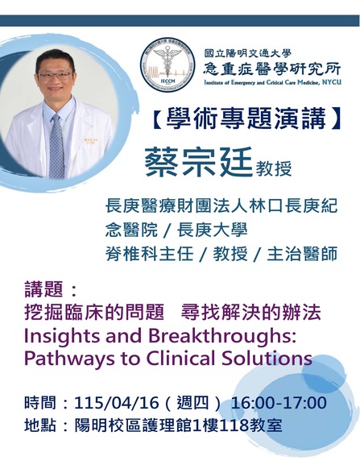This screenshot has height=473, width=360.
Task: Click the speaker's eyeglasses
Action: pyautogui.click(x=55, y=76)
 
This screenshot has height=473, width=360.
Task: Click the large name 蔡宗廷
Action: pyautogui.click(x=199, y=162)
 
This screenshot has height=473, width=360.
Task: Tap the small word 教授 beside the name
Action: pyautogui.click(x=274, y=168)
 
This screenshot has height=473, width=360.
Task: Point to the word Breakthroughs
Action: pyautogui.click(x=221, y=336)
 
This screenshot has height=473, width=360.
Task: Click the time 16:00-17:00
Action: pyautogui.click(x=279, y=403)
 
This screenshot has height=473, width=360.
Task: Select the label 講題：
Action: pyautogui.click(x=51, y=288)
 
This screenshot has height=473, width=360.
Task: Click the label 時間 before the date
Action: pyautogui.click(x=40, y=403)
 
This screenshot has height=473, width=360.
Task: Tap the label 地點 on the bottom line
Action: pyautogui.click(x=40, y=425)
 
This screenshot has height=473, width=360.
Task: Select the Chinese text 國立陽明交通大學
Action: pyautogui.click(x=248, y=53)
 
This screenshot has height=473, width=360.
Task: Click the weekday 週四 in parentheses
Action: pyautogui.click(x=192, y=403)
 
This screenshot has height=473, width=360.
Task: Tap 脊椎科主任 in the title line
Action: pyautogui.click(x=150, y=254)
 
